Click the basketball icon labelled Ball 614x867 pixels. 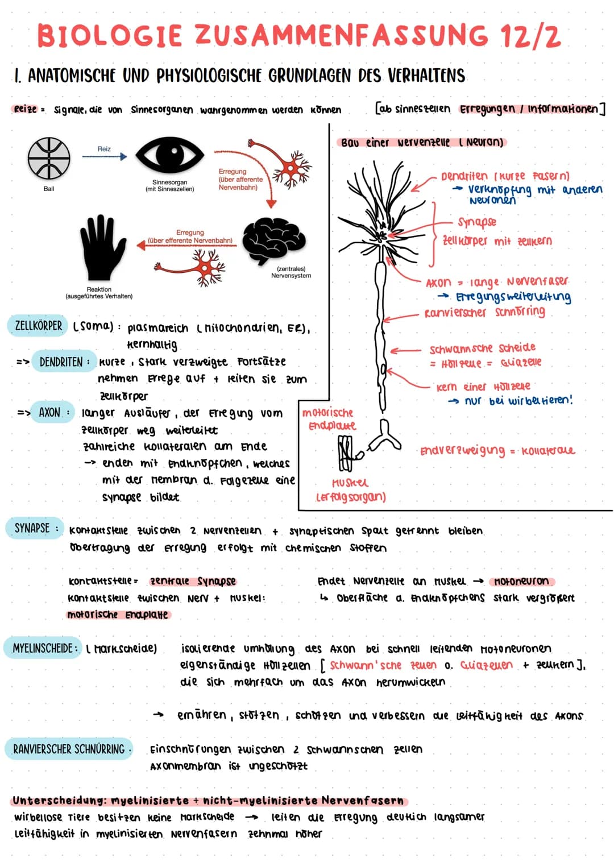(49, 158)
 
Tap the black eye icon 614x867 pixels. (169, 155)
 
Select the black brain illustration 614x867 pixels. (274, 240)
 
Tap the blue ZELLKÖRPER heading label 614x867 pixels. (38, 326)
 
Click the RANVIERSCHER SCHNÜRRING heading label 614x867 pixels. (69, 749)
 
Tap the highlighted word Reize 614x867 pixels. (25, 109)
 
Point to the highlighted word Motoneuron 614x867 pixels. (521, 581)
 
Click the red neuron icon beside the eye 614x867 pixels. (293, 168)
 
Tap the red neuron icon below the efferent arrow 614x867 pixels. (208, 266)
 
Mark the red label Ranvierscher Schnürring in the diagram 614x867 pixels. (484, 312)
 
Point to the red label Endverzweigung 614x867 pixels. (462, 451)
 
